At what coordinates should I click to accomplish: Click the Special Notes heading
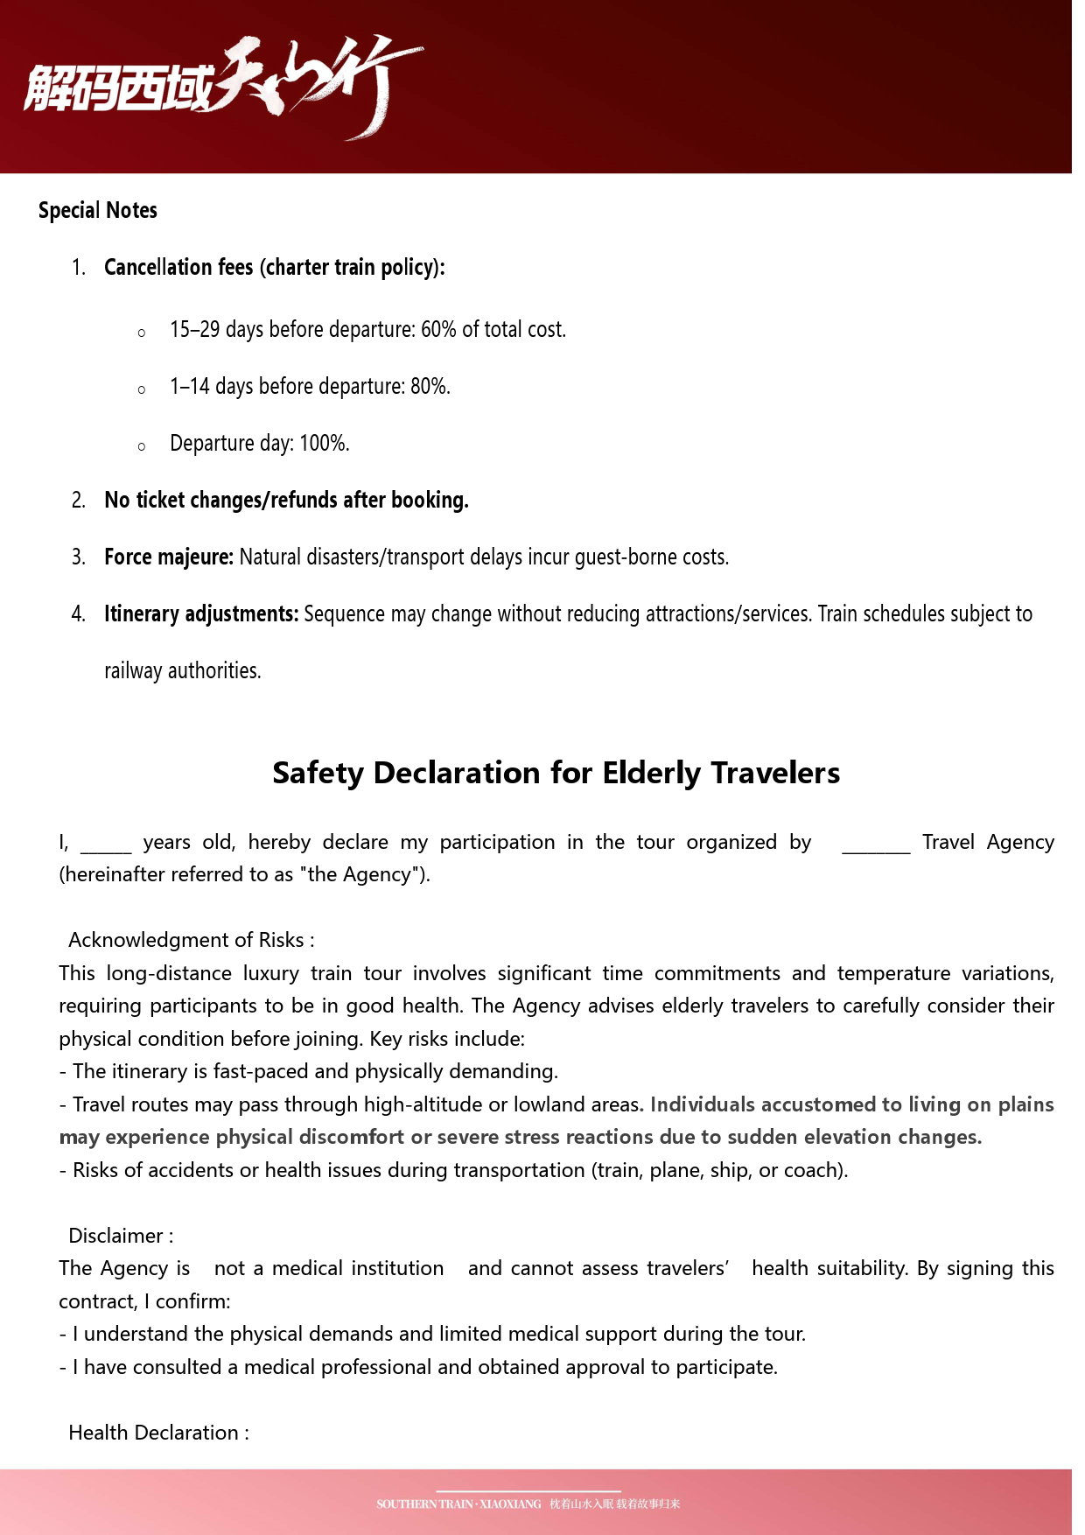98,211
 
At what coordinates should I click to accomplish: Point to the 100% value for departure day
323,444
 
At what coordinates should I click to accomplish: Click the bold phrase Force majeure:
169,557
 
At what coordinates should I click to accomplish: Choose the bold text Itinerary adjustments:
201,614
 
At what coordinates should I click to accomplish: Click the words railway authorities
182,671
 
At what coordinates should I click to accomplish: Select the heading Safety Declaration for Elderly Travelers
556,774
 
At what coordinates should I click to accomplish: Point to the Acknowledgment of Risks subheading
191,941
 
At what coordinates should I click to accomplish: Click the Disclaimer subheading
121,1237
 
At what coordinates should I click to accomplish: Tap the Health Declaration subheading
158,1433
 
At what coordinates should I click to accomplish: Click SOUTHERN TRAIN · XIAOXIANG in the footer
458,1504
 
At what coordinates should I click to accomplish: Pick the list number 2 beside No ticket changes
79,501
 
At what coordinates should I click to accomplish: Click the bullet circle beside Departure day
142,446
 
